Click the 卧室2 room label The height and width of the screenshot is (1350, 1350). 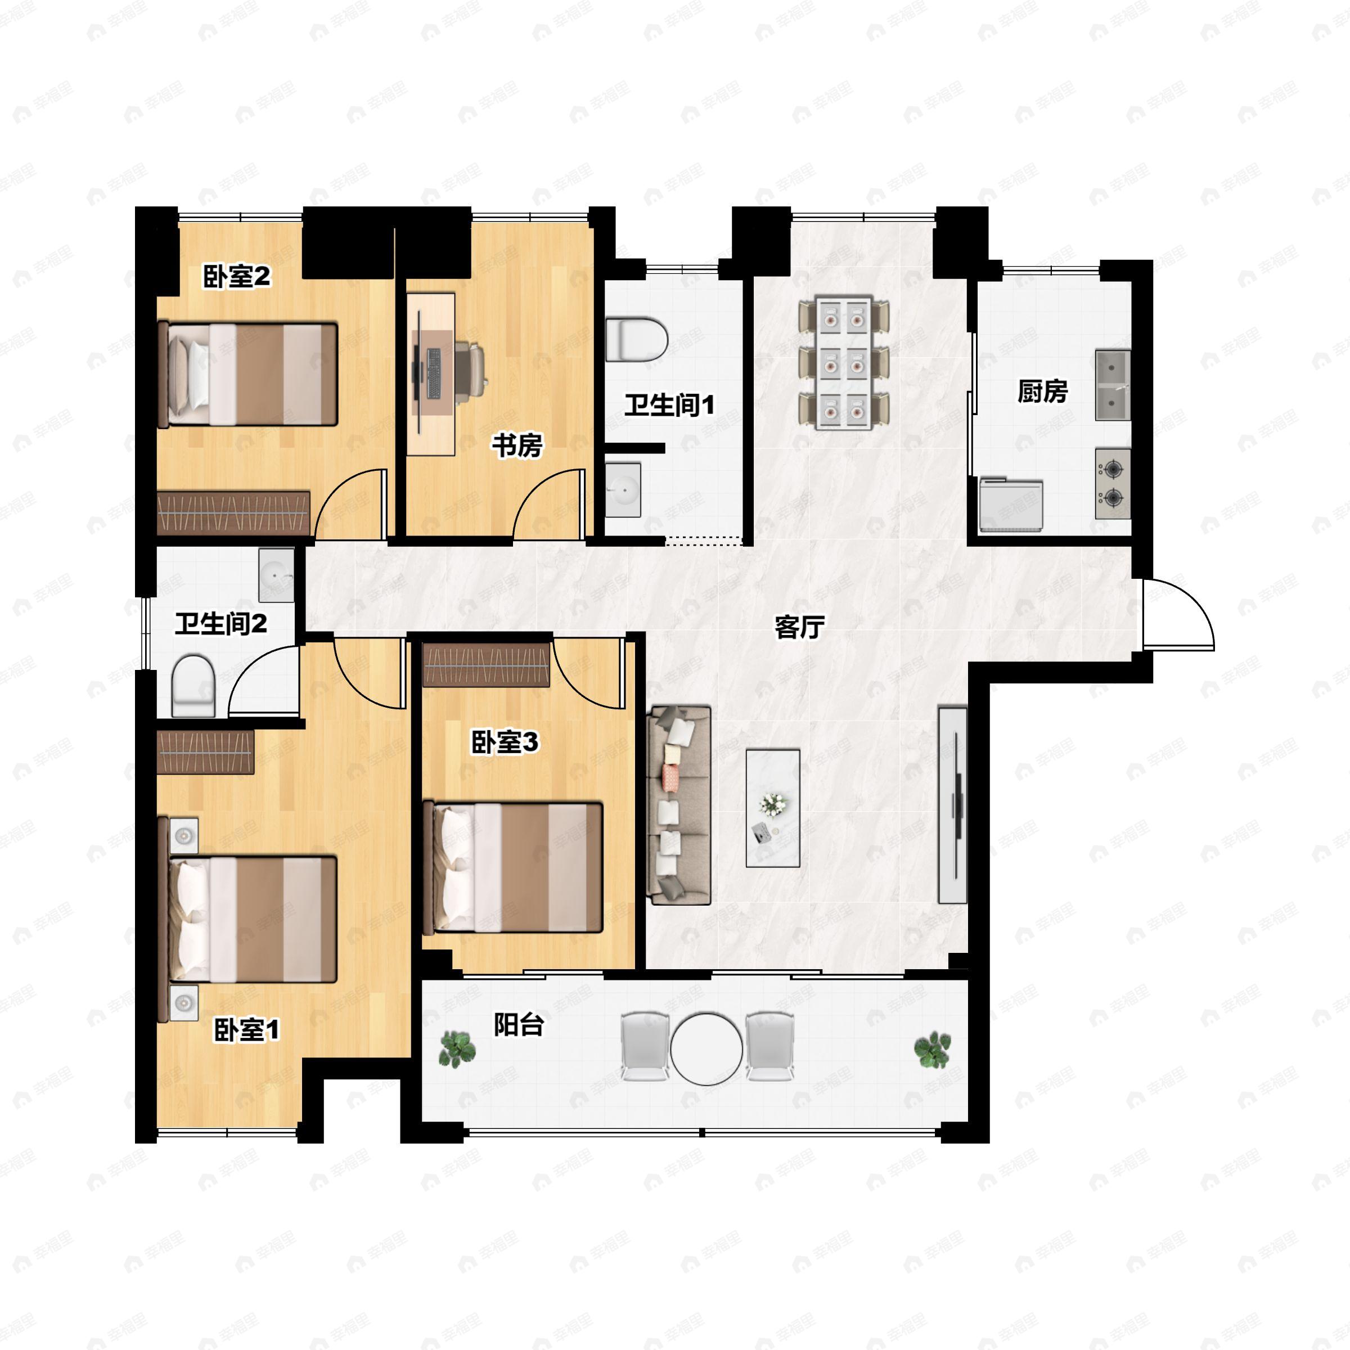(236, 277)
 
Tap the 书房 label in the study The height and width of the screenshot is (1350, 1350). (517, 445)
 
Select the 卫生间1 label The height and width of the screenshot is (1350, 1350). (669, 404)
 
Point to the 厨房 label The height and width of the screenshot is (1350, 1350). (1042, 391)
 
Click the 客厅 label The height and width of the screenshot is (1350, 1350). (799, 627)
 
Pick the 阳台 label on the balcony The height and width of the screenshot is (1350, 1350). (519, 1025)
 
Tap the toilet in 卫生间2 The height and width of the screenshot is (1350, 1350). (193, 686)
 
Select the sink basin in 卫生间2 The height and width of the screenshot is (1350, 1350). (277, 575)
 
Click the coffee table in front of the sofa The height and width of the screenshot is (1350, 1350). (773, 808)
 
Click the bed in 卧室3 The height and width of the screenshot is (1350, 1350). (513, 868)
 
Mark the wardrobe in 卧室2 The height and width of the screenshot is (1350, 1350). (233, 513)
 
